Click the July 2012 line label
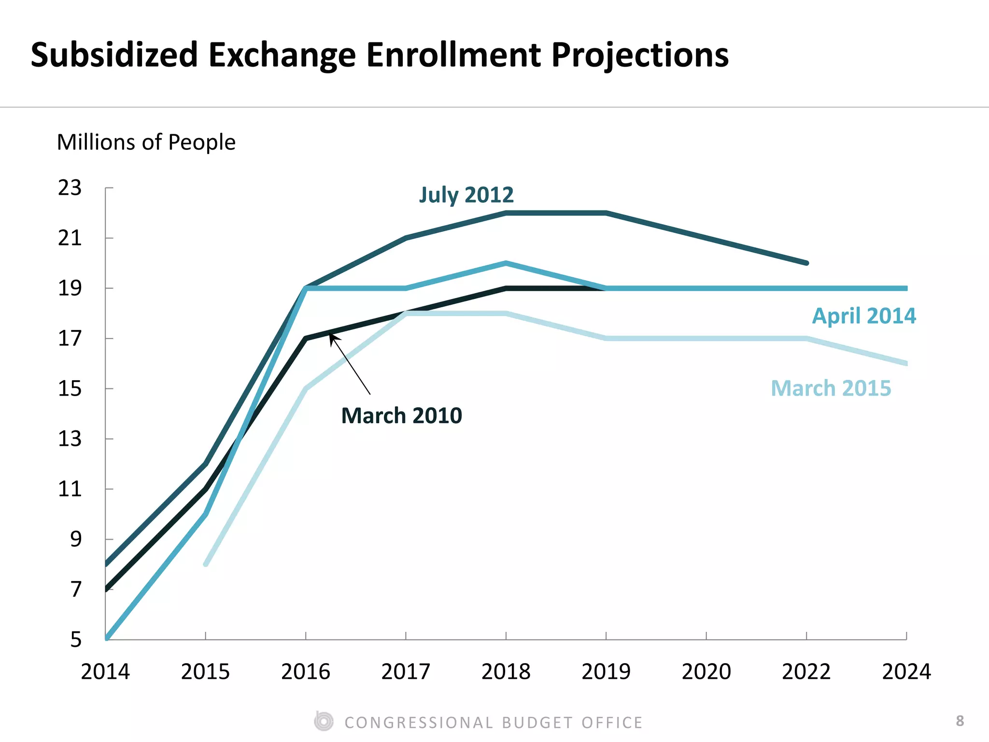pos(466,195)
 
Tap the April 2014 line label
pos(863,316)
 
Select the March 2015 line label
pos(831,388)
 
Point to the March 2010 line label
pos(401,416)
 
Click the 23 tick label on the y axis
pos(70,188)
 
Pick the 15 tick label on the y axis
pos(70,389)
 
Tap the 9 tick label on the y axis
pos(76,540)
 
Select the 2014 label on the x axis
pos(105,672)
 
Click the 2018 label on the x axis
pos(506,672)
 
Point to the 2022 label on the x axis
pos(806,672)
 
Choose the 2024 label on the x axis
pos(906,672)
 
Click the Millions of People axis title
pos(146,143)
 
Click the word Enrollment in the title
pos(453,55)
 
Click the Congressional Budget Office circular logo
pos(324,722)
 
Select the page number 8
pos(960,721)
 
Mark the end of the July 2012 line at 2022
pos(806,263)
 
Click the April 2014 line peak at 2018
pos(506,263)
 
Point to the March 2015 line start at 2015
pos(206,564)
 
